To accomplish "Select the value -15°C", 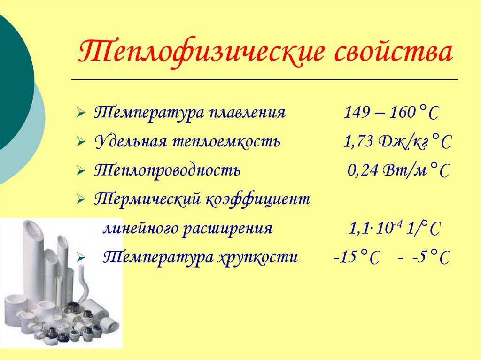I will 357,257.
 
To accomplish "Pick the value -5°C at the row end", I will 428,257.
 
